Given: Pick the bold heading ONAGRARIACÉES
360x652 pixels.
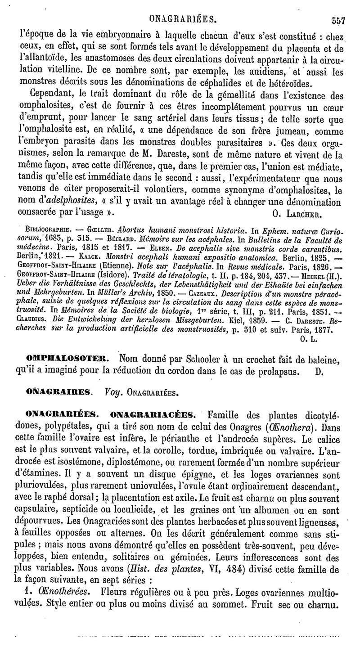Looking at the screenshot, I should coord(156,414).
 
